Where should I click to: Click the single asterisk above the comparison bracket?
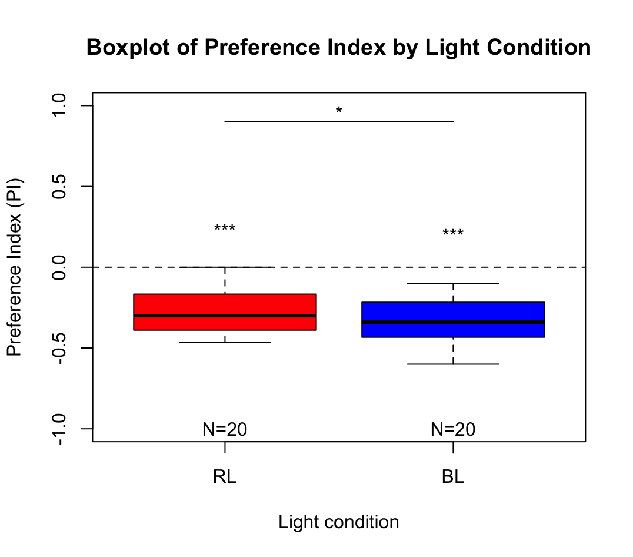coord(339,111)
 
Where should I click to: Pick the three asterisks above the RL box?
coord(225,229)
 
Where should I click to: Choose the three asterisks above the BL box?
coord(453,234)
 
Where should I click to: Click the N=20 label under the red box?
coord(225,429)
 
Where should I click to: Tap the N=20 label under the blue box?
coord(453,429)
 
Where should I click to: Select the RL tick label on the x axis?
coord(225,477)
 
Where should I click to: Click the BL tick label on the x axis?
coord(453,477)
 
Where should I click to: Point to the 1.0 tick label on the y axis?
coord(61,106)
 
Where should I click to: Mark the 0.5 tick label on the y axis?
coord(61,187)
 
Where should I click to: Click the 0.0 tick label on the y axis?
coord(61,267)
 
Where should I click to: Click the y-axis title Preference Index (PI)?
coord(15,267)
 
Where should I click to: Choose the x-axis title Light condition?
coord(339,522)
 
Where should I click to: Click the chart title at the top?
coord(339,47)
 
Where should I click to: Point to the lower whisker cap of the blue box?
coord(453,364)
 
